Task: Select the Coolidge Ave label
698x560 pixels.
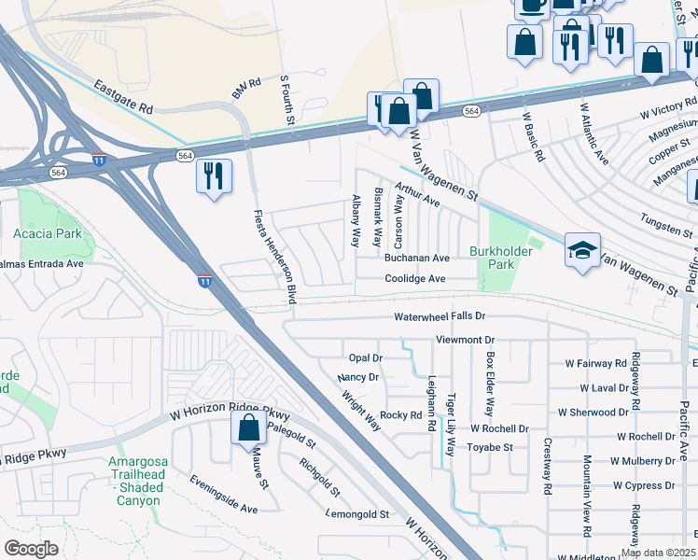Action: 415,278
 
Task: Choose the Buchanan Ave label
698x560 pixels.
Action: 417,258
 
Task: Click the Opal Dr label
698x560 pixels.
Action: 366,357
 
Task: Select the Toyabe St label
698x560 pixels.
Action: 491,447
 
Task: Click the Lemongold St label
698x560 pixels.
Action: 357,513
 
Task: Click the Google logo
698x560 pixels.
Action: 31,549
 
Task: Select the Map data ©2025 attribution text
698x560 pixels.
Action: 658,553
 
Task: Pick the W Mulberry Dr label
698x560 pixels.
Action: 643,461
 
